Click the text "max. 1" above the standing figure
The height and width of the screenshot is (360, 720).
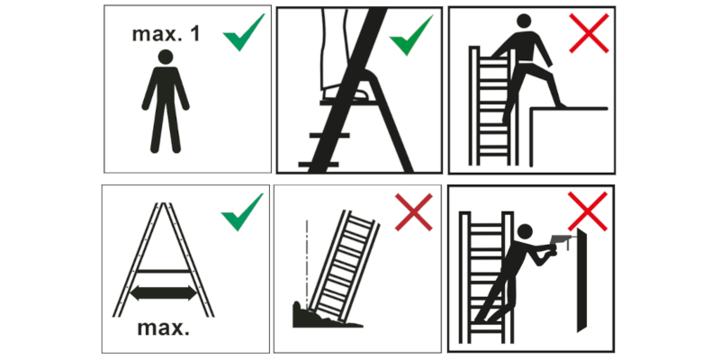point(166,34)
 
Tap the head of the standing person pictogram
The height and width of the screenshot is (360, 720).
point(166,57)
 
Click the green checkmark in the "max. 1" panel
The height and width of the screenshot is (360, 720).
point(243,32)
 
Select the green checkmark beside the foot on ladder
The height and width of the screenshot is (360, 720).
point(411,35)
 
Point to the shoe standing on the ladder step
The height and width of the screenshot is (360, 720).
point(345,94)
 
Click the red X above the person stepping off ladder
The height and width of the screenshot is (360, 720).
point(589,33)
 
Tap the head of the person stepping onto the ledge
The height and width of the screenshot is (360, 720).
point(524,21)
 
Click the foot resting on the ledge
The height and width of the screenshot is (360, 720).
point(559,105)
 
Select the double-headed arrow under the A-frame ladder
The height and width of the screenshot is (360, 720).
point(163,293)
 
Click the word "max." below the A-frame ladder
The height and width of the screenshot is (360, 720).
point(164,328)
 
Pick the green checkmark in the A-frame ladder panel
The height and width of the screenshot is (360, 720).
point(242,211)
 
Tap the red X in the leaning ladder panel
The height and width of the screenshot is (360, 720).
point(413,211)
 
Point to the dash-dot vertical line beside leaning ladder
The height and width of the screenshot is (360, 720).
point(307,261)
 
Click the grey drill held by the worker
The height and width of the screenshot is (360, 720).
point(561,239)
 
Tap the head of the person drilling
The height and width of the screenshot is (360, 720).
point(525,232)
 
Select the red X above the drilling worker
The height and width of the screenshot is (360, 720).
point(588,211)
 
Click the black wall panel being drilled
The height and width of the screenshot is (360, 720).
point(581,280)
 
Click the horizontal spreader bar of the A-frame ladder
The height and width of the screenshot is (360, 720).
point(164,272)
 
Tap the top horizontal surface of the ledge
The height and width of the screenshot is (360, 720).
point(569,109)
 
